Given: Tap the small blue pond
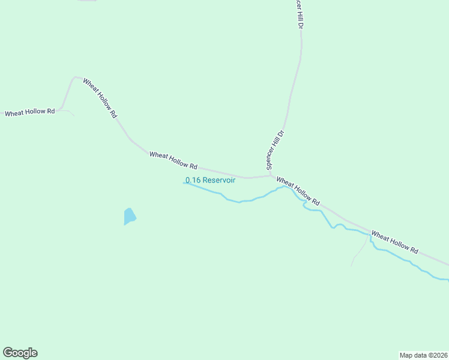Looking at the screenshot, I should pos(129,216).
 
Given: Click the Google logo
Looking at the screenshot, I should pos(20,353).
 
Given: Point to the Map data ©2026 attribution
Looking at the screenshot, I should pos(423,355).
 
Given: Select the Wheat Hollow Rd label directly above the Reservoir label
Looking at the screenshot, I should pos(173,160).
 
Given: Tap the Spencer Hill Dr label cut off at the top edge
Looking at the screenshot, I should pos(297,13).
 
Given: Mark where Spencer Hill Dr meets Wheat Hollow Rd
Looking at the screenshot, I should pos(271,176).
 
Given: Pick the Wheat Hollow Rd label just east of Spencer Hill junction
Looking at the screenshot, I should pos(298,190).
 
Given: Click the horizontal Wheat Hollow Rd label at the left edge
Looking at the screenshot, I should pos(29,112).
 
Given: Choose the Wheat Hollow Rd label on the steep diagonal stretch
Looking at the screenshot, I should pos(100,98).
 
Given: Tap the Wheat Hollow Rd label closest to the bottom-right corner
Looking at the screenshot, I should pos(394,241).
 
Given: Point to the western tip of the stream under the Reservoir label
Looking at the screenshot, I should pos(183,183).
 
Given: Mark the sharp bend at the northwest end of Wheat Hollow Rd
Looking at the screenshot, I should pos(74,77).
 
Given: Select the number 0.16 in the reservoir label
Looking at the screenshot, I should pos(193,180).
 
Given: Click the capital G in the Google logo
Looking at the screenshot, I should pos(8,353).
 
